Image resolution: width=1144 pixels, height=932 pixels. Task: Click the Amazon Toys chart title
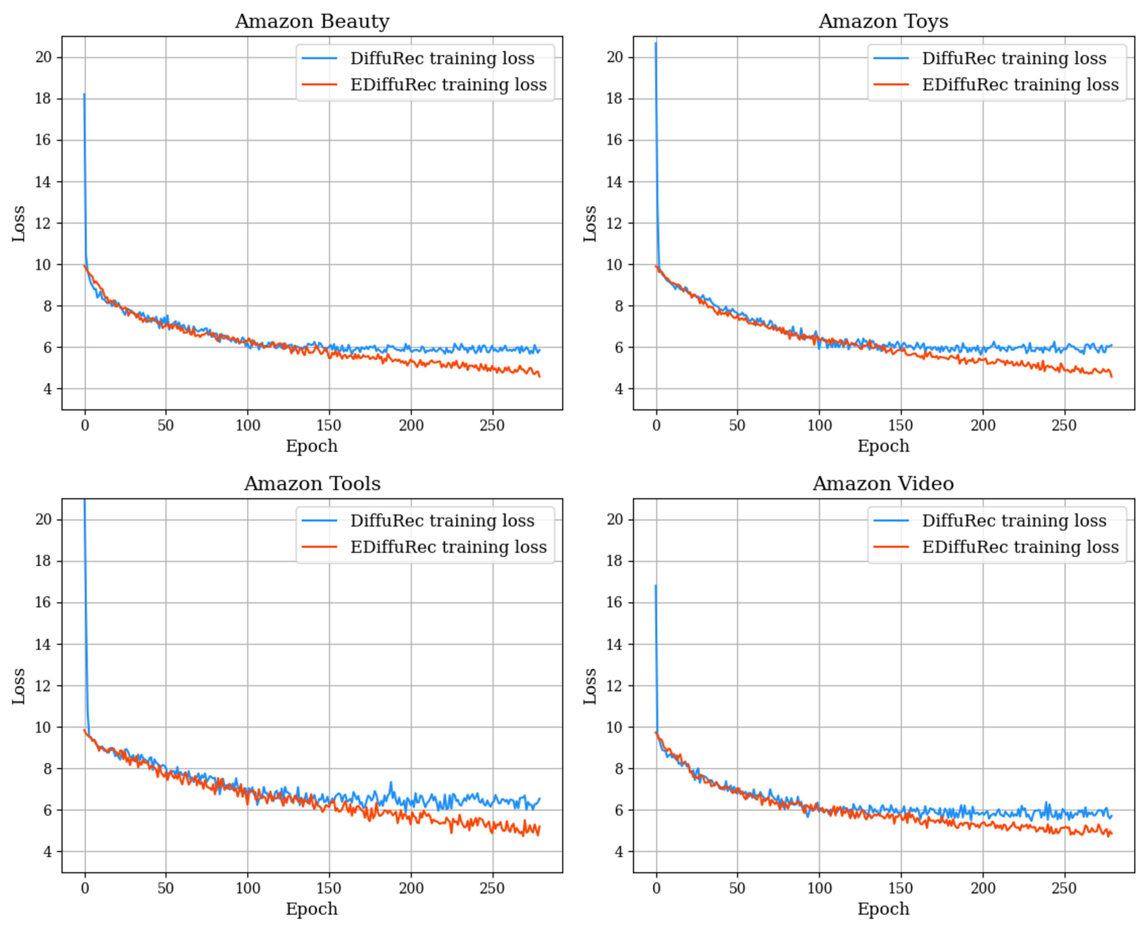click(x=883, y=21)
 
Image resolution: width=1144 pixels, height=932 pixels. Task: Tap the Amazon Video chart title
click(x=883, y=484)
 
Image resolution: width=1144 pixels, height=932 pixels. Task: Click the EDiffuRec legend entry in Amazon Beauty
click(x=448, y=85)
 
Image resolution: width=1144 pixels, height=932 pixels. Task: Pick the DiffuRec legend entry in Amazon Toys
click(x=1014, y=58)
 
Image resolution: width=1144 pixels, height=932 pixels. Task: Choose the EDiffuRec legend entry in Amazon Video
click(x=1020, y=547)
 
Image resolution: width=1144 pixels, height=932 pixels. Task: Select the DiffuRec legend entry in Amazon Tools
click(x=442, y=521)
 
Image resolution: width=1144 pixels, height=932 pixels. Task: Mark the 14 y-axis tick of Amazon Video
click(x=615, y=644)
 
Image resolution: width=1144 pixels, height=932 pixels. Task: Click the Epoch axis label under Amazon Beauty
click(x=312, y=446)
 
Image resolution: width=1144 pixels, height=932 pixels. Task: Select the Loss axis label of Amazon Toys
click(x=590, y=223)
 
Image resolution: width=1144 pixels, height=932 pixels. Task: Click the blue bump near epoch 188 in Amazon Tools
click(x=390, y=783)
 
